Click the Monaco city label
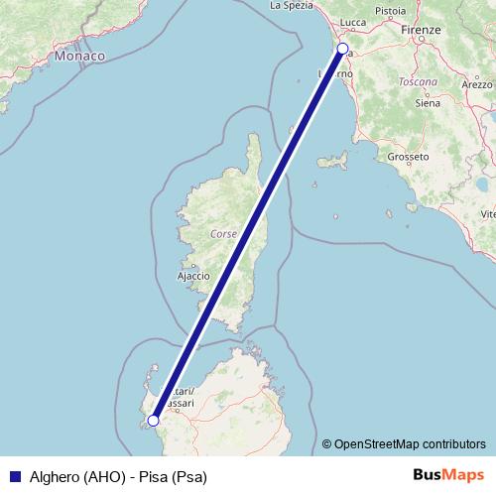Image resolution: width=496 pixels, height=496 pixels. coord(80,57)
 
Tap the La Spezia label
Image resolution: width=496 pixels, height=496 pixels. coord(292,5)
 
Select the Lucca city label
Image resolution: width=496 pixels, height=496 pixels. coord(353,21)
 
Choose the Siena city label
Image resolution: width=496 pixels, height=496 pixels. coord(428,102)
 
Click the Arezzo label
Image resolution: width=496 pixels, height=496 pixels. coord(478,85)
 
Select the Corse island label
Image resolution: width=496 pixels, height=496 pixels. coord(225,235)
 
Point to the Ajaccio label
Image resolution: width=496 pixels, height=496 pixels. coord(192,275)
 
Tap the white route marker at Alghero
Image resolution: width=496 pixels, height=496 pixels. coord(153,421)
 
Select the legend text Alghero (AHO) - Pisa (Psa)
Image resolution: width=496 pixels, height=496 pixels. coord(117,476)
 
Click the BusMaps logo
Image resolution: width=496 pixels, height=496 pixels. coord(449,475)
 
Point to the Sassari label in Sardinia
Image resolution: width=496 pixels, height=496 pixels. coord(181,404)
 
